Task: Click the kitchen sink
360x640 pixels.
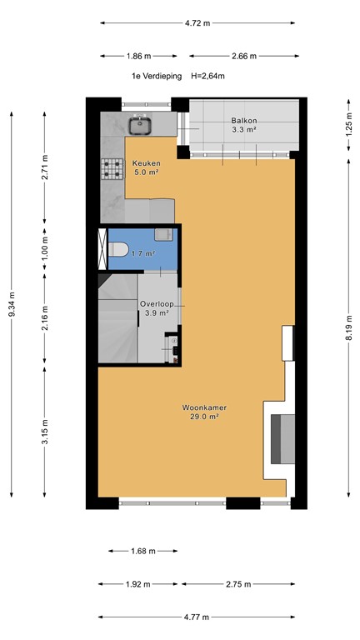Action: click(x=140, y=126)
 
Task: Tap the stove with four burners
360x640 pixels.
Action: click(x=112, y=169)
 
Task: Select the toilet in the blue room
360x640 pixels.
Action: click(x=117, y=248)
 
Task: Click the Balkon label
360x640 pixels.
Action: click(x=244, y=122)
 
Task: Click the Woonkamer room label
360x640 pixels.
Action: click(x=204, y=407)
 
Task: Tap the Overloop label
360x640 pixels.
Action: click(x=157, y=304)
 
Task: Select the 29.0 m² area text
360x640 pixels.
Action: click(x=204, y=417)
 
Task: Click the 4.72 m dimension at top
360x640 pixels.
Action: click(x=197, y=23)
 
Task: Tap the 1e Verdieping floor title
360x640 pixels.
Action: click(x=154, y=76)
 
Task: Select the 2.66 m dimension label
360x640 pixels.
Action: click(x=243, y=56)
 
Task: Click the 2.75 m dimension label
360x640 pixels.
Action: click(x=238, y=584)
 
